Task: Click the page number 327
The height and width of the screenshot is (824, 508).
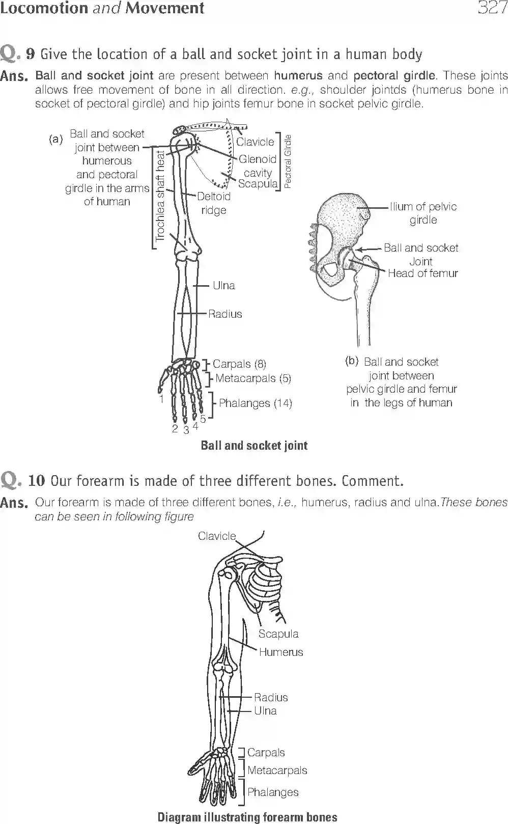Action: (x=492, y=8)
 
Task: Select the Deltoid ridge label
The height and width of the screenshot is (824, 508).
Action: (x=214, y=203)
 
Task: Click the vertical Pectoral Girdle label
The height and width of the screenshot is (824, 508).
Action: (x=288, y=161)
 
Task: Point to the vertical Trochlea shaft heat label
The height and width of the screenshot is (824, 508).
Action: (x=160, y=196)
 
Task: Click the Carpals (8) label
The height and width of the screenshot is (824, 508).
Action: (x=239, y=364)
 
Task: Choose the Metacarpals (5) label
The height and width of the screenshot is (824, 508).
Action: (x=253, y=378)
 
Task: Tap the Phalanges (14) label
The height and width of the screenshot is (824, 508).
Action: (x=255, y=403)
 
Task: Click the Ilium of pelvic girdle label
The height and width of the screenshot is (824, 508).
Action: (x=423, y=213)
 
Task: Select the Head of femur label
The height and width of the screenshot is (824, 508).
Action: (x=422, y=273)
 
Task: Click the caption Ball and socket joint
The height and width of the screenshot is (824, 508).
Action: (x=254, y=446)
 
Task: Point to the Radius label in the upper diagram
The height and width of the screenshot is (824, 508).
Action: (x=225, y=314)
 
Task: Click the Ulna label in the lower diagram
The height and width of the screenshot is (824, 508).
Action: (x=265, y=710)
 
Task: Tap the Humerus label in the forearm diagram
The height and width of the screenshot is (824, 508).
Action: (x=280, y=652)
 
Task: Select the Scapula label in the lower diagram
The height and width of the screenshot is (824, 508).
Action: (x=278, y=634)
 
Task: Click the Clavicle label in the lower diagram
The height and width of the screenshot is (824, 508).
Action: (x=217, y=536)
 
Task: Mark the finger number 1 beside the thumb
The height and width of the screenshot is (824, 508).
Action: (x=161, y=399)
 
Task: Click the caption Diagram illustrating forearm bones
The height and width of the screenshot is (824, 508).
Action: (x=247, y=817)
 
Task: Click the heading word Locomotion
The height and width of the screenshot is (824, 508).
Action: (x=44, y=8)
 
